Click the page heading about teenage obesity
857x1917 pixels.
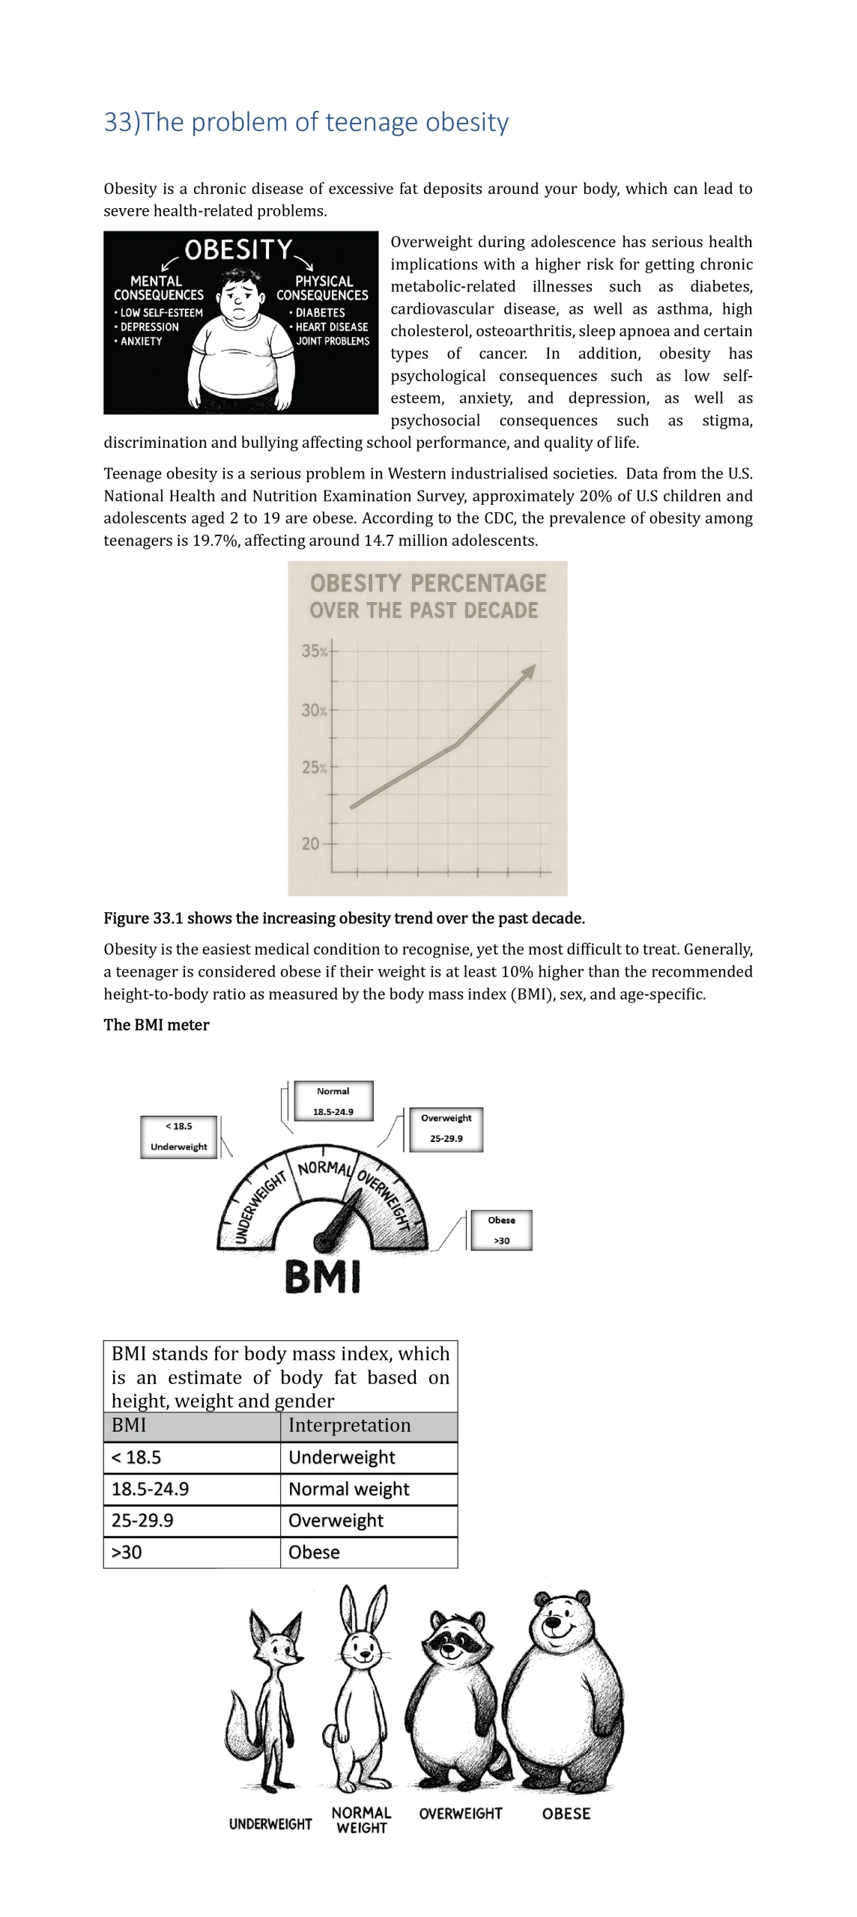coord(306,122)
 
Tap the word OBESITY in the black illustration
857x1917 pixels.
coord(238,250)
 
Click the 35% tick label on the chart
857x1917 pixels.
coord(315,651)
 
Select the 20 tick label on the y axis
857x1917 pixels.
coord(310,844)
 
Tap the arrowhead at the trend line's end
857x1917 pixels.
coord(530,670)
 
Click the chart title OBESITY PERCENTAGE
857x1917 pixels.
coord(428,583)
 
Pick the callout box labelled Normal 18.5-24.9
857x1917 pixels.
coord(333,1101)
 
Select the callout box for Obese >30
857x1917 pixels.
coord(501,1230)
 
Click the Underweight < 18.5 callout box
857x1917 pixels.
coord(178,1136)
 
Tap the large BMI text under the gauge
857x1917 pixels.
coord(323,1278)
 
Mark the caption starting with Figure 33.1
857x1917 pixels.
coord(344,918)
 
